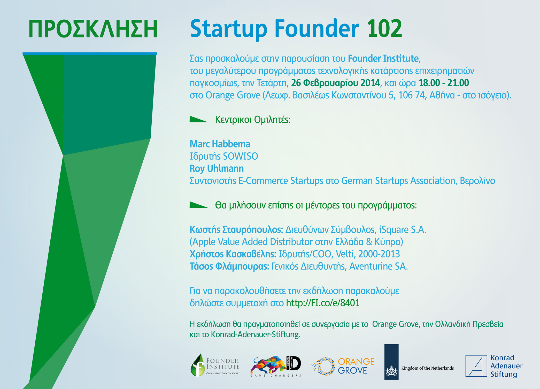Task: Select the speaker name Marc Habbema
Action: pyautogui.click(x=220, y=144)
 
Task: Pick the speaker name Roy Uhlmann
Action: pyautogui.click(x=217, y=168)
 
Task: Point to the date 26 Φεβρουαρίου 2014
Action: pyautogui.click(x=335, y=83)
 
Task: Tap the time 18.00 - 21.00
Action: pyautogui.click(x=444, y=83)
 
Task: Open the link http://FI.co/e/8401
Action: pyautogui.click(x=323, y=303)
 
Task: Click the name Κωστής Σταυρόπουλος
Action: pyautogui.click(x=236, y=230)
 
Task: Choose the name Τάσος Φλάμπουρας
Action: pyautogui.click(x=229, y=266)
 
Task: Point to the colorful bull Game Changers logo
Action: pyautogui.click(x=276, y=366)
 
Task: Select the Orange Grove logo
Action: pyautogui.click(x=342, y=366)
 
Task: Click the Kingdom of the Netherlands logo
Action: pyautogui.click(x=419, y=362)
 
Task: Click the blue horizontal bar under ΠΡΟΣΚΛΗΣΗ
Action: pyautogui.click(x=90, y=54)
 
